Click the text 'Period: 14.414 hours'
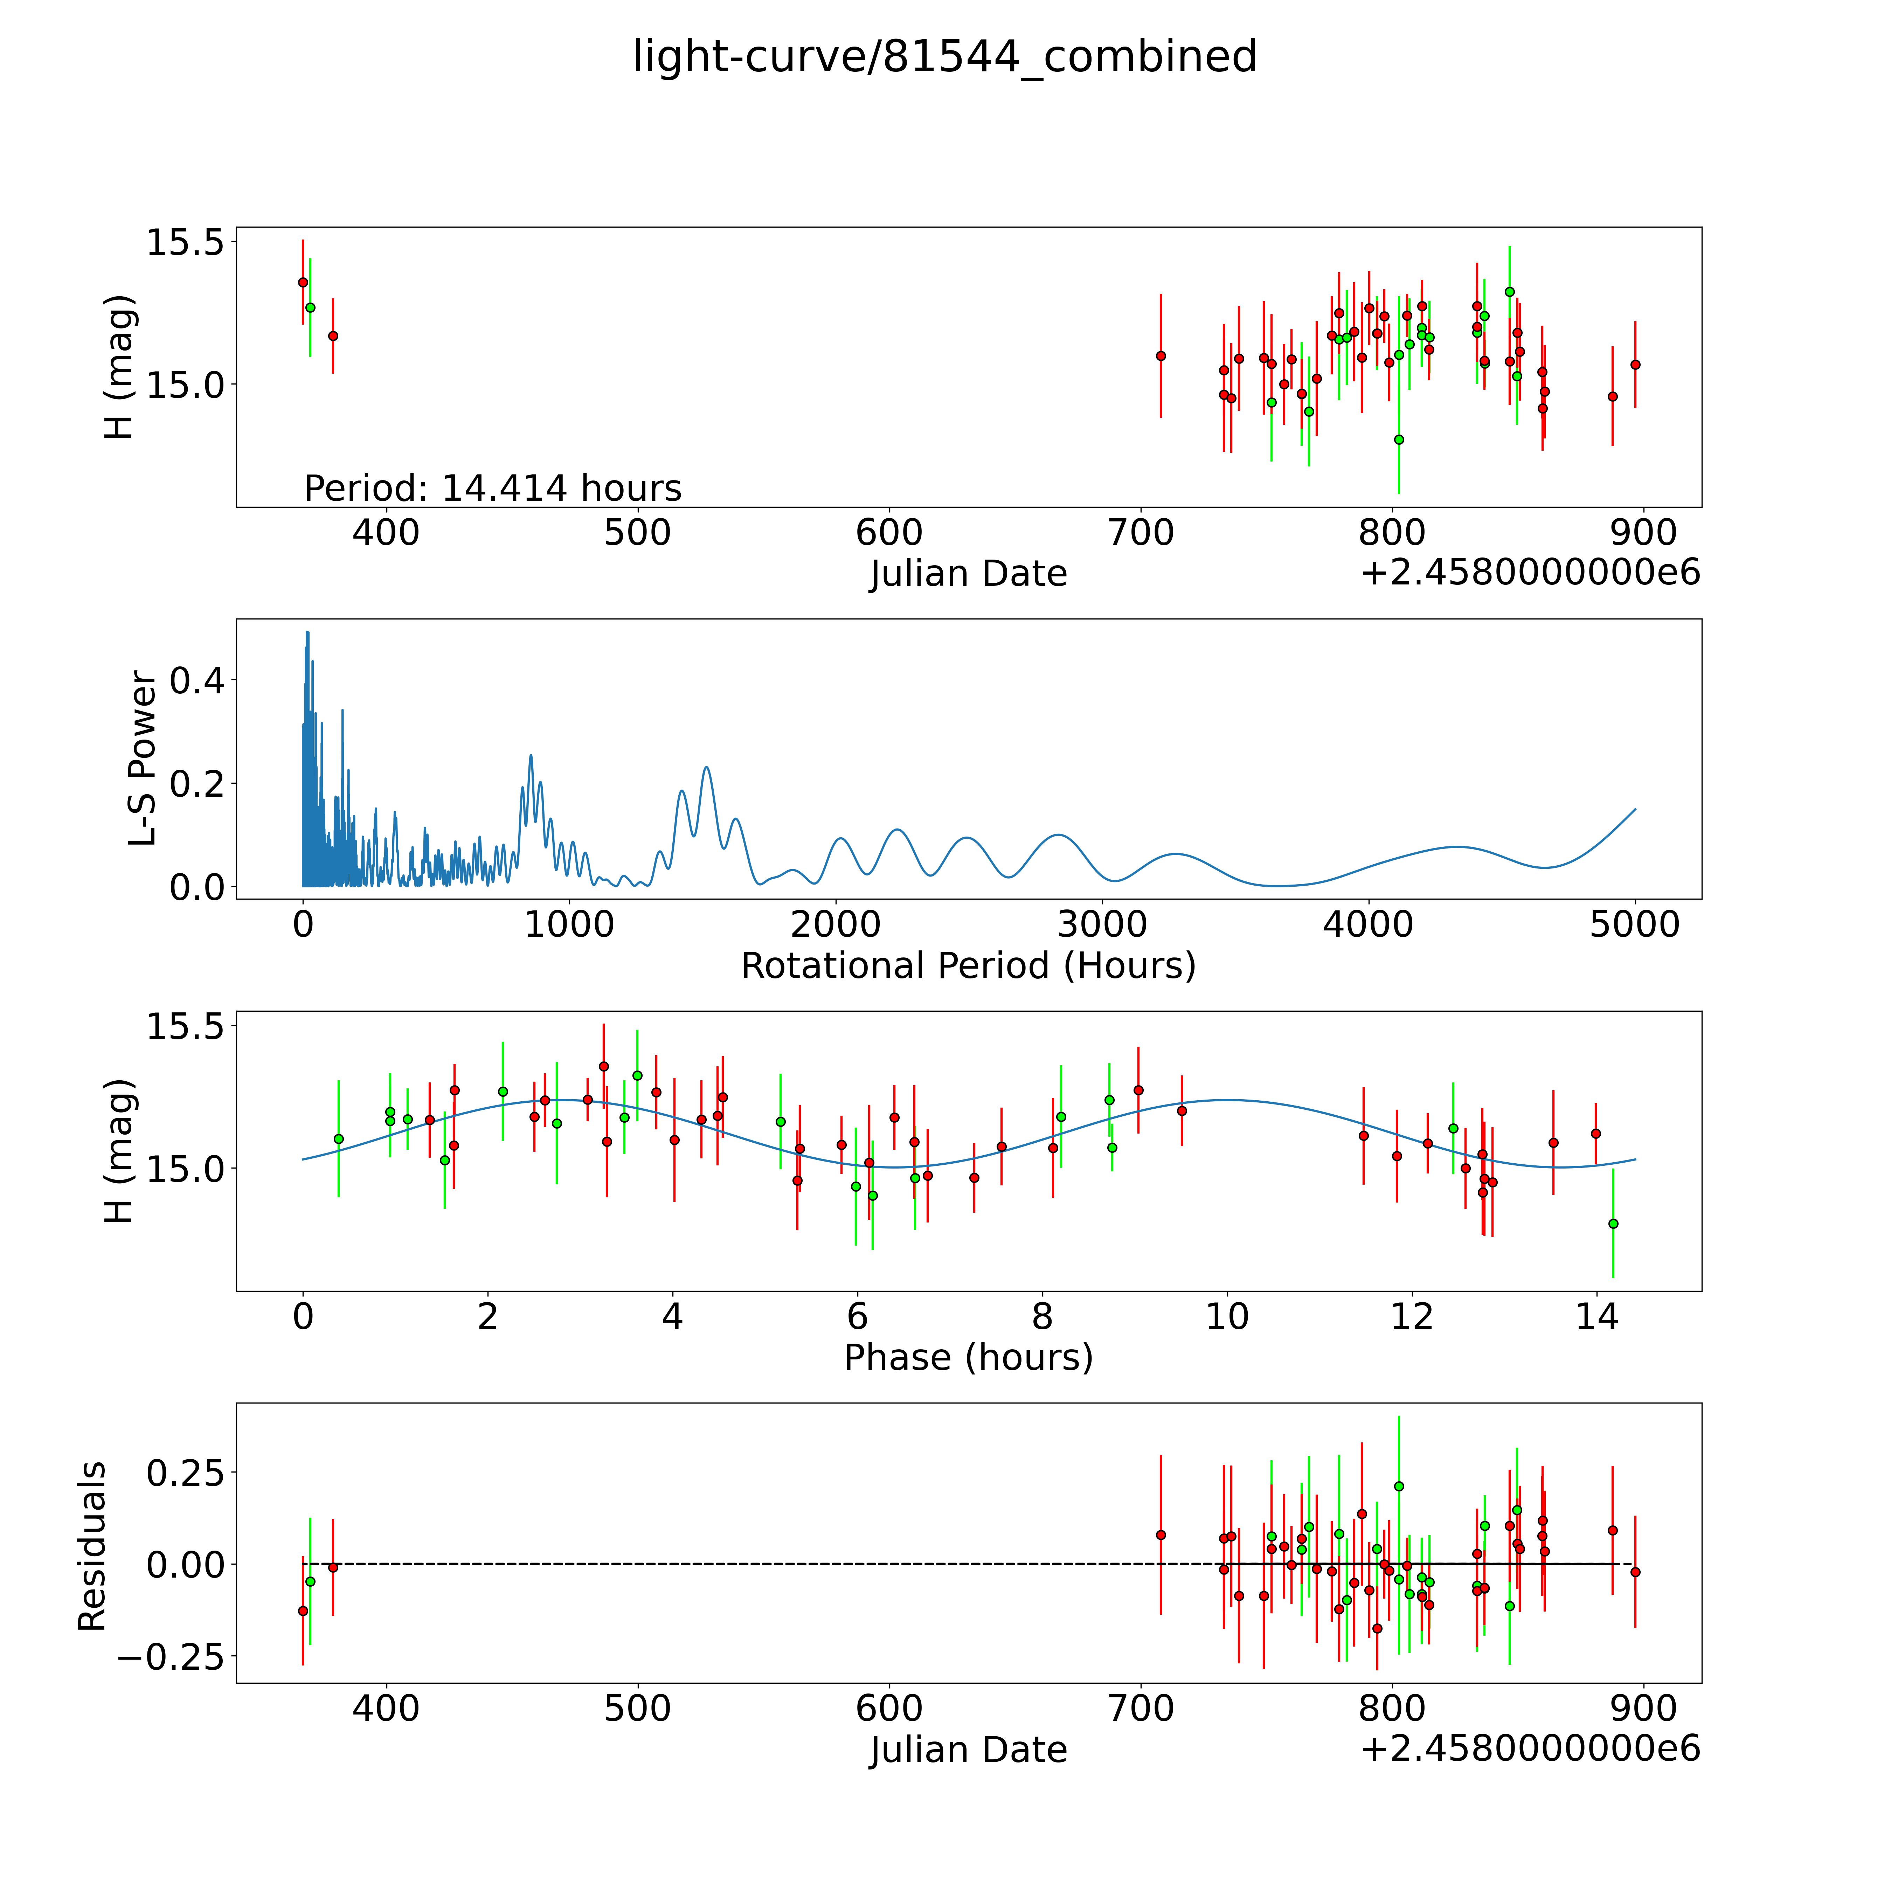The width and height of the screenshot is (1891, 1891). (492, 487)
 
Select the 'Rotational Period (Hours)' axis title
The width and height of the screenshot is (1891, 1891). (968, 966)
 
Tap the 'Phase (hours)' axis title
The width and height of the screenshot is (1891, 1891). (968, 1358)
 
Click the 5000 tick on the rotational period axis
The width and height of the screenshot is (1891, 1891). (1635, 924)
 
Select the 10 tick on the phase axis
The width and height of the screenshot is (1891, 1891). (1226, 1316)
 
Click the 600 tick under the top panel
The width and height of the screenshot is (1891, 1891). (889, 533)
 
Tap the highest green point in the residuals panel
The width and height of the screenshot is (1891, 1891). (1399, 1486)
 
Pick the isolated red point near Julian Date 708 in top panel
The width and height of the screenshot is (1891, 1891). (1161, 355)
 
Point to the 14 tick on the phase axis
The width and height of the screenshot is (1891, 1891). (1596, 1316)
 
